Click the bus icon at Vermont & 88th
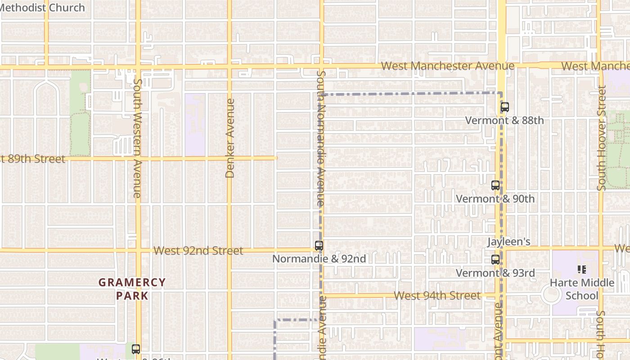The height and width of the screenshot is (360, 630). pos(504,107)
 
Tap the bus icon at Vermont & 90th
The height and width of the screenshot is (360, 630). pos(495,185)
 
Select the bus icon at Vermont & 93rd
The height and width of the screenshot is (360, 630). pos(495,260)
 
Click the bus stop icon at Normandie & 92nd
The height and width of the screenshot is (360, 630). pos(319,246)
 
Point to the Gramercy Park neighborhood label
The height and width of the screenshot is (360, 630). pos(132,289)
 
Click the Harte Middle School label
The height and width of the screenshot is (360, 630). pos(582,289)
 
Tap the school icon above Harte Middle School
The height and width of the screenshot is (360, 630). pos(581,270)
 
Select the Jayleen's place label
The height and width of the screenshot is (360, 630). pos(508,242)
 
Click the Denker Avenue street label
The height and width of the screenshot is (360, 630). pos(230,138)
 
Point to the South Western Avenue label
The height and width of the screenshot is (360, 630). pos(138,138)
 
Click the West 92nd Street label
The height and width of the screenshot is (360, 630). pos(198,251)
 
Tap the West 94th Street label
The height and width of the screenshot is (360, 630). pos(437,296)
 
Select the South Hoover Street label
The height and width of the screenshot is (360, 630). pos(602,138)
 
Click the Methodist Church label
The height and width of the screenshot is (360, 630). pos(43,7)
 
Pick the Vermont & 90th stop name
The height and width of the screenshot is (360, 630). pos(495,199)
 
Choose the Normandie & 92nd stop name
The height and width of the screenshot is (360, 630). pos(319,259)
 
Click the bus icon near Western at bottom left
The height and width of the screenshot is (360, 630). pos(136,349)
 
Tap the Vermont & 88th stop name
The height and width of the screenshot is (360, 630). pos(504,121)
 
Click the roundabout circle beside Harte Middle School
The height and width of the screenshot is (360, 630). pos(551,295)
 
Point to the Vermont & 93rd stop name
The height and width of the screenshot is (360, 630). pos(495,273)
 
